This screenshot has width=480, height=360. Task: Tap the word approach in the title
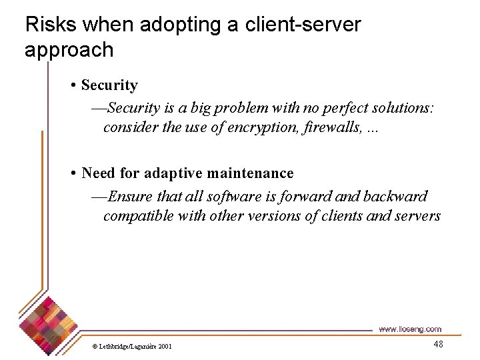pyautogui.click(x=69, y=51)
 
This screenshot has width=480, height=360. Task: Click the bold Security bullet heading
pyautogui.click(x=109, y=85)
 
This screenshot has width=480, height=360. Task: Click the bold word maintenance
pyautogui.click(x=251, y=173)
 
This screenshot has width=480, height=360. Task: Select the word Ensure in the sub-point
pyautogui.click(x=129, y=196)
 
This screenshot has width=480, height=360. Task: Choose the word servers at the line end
pyautogui.click(x=417, y=216)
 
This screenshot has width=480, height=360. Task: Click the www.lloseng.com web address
pyautogui.click(x=409, y=329)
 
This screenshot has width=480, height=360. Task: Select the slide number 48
pyautogui.click(x=437, y=344)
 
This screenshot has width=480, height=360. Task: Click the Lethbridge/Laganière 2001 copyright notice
pyautogui.click(x=132, y=346)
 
